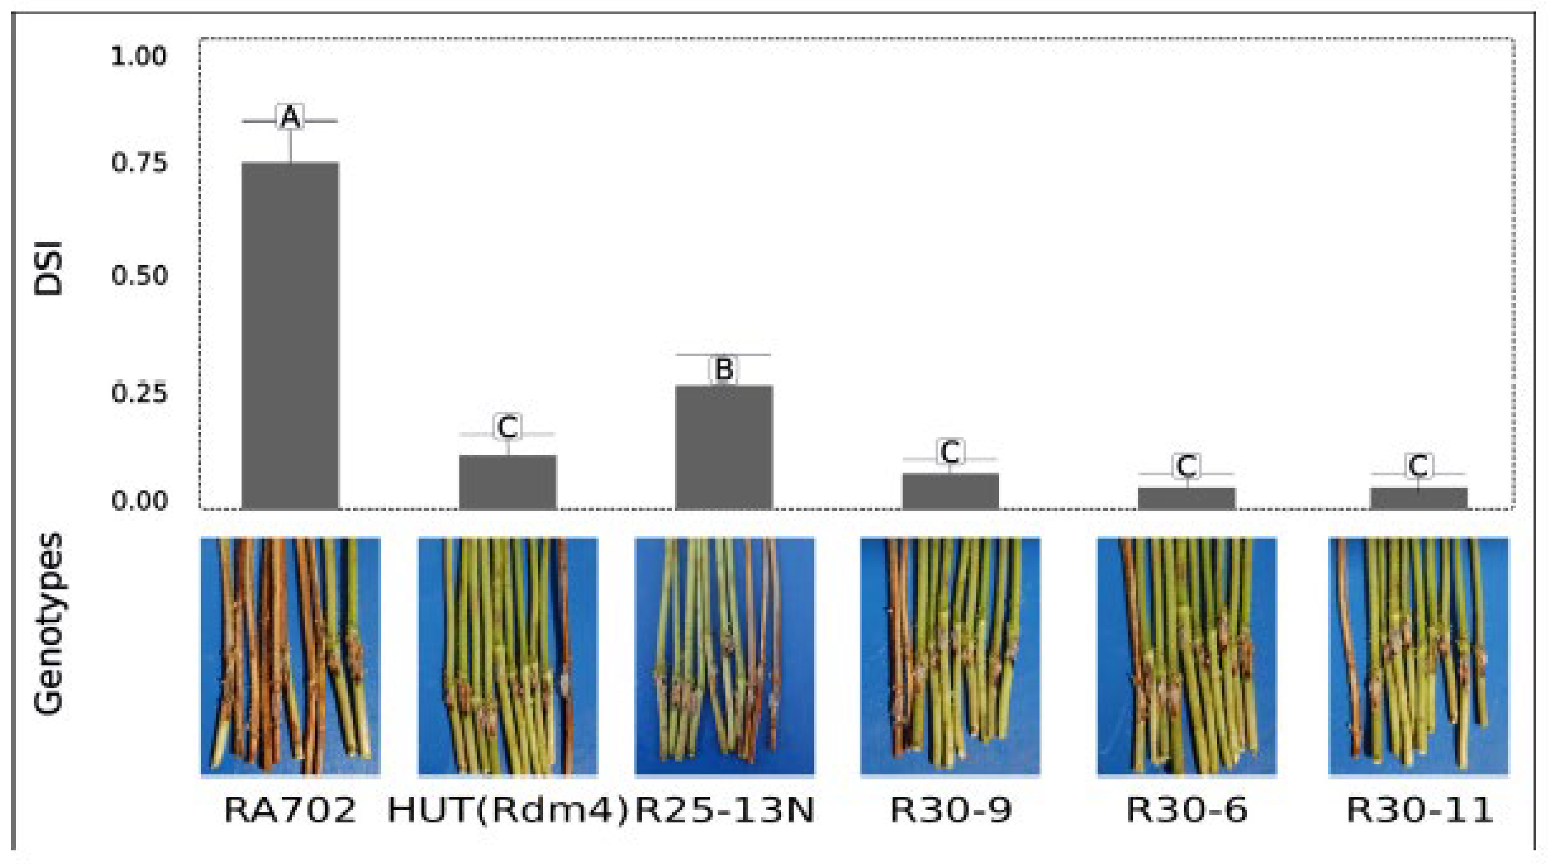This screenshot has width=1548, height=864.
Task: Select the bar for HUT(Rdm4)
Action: (508, 482)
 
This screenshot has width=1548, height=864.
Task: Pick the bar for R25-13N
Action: (724, 447)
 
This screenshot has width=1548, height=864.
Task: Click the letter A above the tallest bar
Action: (290, 118)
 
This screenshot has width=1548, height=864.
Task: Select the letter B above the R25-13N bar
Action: (724, 369)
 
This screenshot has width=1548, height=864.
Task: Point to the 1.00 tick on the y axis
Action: (139, 57)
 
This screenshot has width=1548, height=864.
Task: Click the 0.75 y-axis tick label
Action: (139, 163)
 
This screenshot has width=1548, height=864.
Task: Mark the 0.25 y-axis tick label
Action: (139, 394)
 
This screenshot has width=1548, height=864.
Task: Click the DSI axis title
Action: (48, 268)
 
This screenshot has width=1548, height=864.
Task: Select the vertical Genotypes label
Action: (48, 624)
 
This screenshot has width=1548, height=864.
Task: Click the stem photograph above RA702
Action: (290, 656)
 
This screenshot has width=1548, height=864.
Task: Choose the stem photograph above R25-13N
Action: (724, 656)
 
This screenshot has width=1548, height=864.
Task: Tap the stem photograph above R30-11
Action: (1418, 656)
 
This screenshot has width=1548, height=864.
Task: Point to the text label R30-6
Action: (1186, 811)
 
